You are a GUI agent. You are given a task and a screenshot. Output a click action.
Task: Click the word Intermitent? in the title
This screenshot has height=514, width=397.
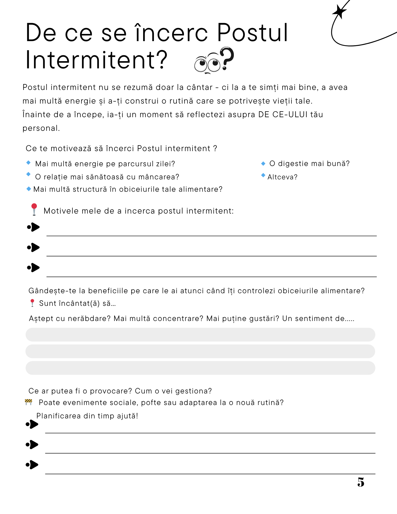click(96, 60)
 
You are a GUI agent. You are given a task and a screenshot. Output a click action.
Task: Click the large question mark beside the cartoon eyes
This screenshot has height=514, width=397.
click(227, 58)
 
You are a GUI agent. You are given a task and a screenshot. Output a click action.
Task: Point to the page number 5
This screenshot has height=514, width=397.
click(361, 482)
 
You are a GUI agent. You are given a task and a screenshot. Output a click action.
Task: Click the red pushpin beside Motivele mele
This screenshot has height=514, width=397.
click(34, 209)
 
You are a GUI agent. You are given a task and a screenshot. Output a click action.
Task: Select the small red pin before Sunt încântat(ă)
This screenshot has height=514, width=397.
click(32, 303)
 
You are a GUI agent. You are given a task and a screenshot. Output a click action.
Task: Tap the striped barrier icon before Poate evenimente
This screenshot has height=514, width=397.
click(29, 402)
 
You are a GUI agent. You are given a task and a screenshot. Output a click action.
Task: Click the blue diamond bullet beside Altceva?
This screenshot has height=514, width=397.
click(263, 175)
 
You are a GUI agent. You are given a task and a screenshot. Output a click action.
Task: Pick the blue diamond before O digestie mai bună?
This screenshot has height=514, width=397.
click(263, 163)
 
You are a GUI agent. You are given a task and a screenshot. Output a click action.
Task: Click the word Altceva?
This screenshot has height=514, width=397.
click(282, 177)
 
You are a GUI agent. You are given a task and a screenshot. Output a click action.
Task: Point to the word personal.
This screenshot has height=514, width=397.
click(41, 128)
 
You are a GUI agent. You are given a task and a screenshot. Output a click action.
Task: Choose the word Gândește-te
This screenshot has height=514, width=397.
click(52, 291)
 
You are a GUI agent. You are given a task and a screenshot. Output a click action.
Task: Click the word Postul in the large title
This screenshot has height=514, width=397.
click(253, 33)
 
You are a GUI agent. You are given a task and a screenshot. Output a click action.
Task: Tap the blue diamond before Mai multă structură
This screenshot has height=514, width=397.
click(29, 189)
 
